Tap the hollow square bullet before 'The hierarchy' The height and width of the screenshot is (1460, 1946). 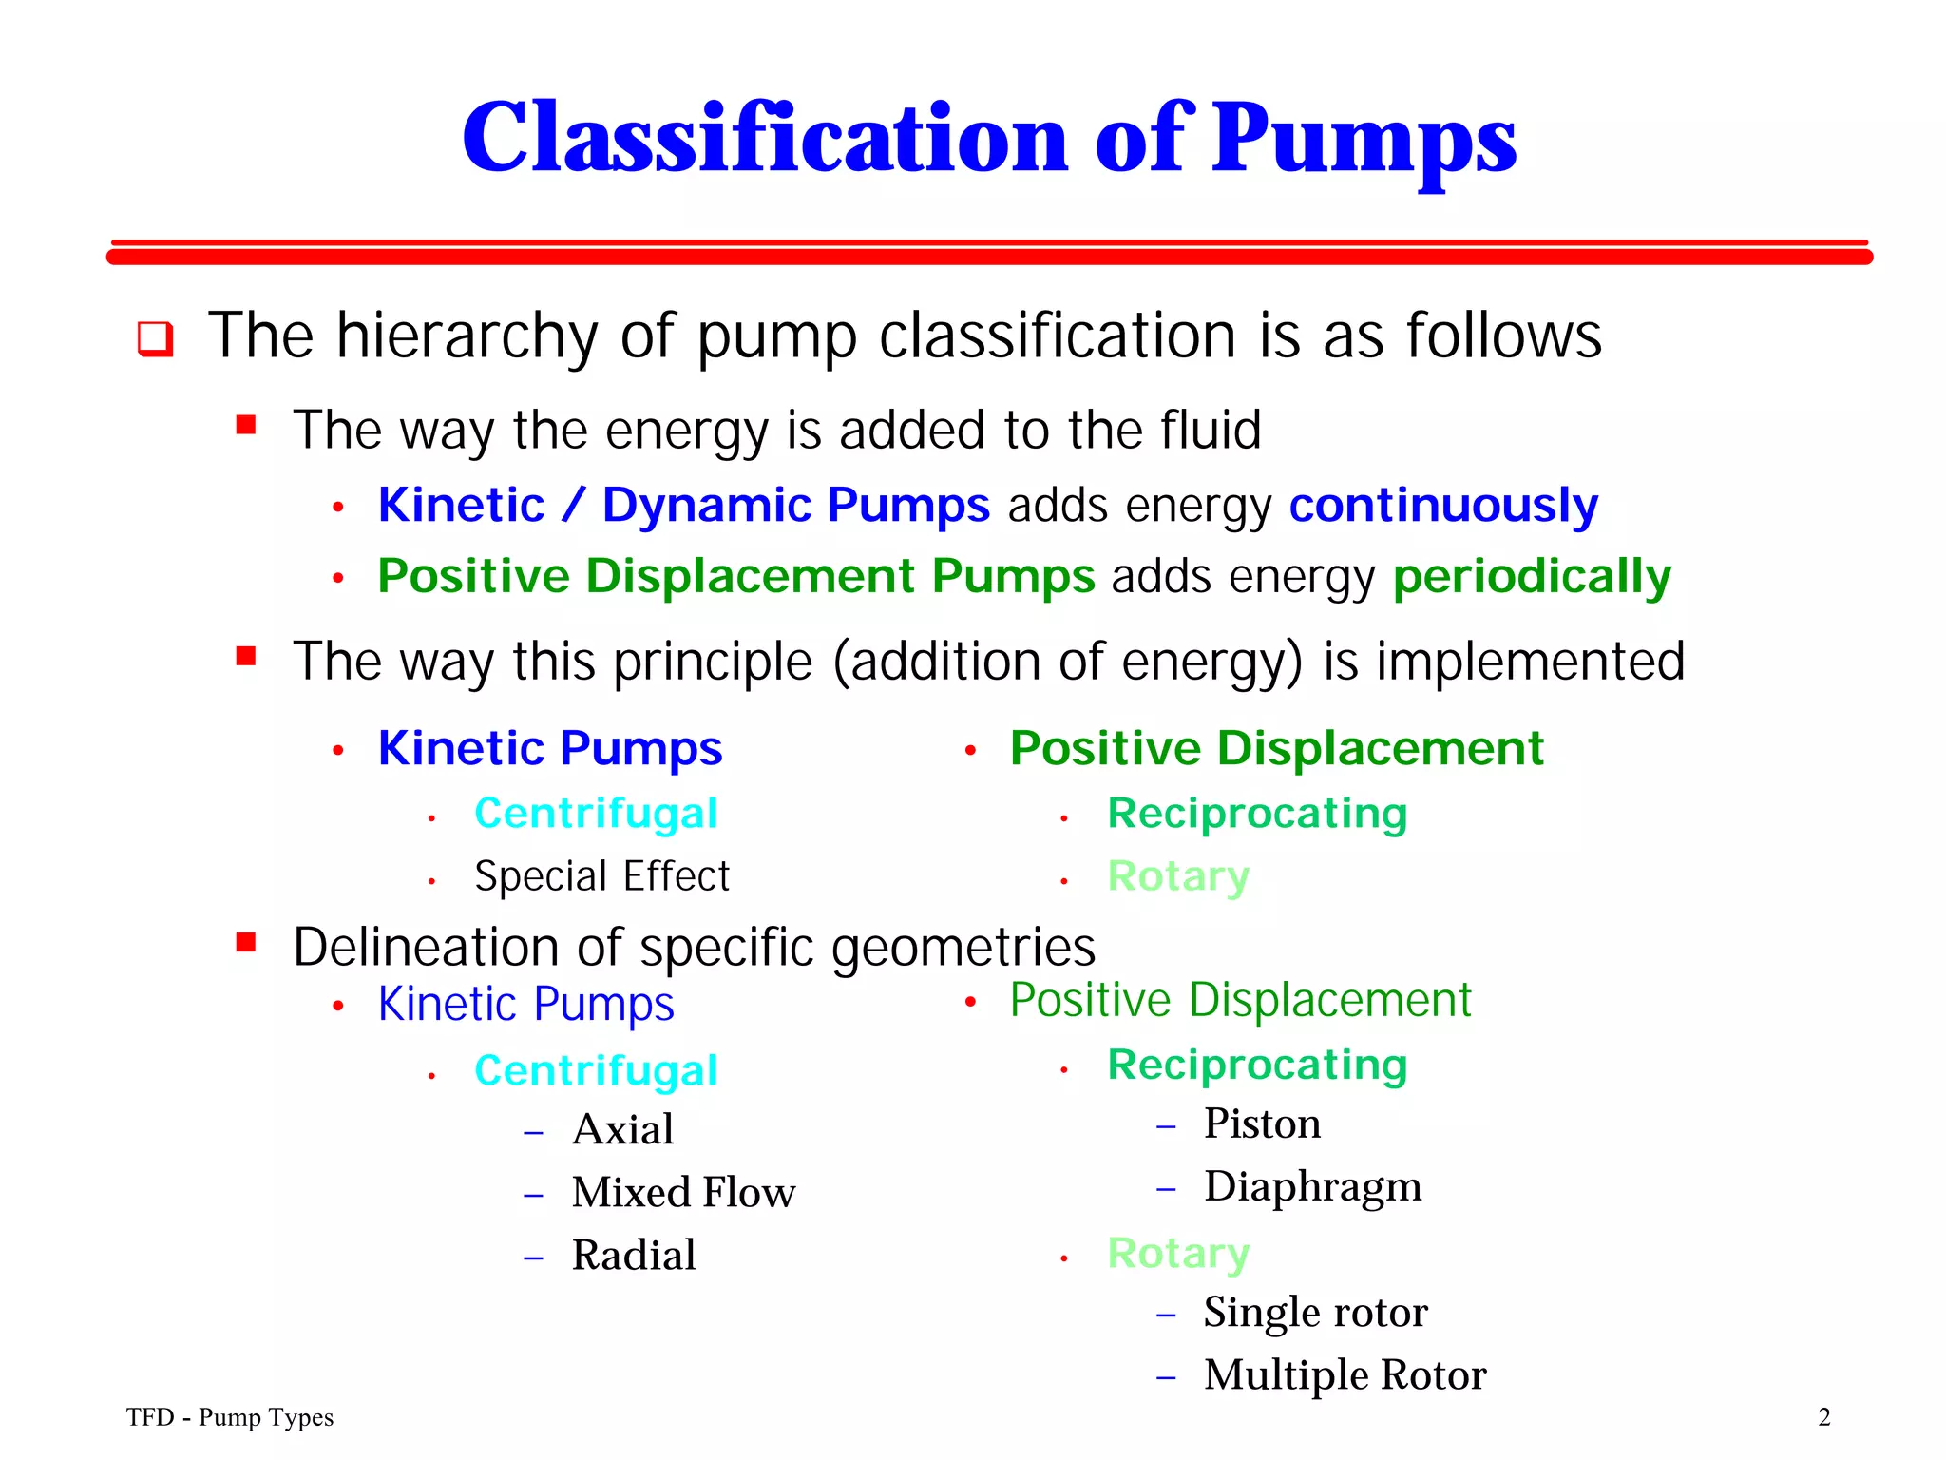pos(156,338)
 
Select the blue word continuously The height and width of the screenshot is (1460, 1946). pos(1442,506)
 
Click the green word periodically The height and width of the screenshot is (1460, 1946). pos(1531,577)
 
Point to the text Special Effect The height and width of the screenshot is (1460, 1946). pos(601,876)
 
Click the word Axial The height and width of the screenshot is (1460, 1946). pos(623,1130)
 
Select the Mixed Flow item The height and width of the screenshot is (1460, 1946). pos(683,1193)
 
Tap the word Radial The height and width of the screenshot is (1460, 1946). pos(634,1256)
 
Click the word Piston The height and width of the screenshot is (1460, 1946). pos(1262,1124)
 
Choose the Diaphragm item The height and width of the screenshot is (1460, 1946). pos(1312,1187)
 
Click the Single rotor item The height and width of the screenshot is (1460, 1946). pos(1315,1313)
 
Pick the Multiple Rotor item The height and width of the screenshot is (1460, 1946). pos(1345,1375)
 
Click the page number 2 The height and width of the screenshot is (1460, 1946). pos(1823,1417)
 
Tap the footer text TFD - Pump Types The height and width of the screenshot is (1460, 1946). pos(230,1417)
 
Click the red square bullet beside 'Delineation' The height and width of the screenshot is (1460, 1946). pos(246,942)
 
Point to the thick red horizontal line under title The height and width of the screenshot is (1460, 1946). pos(988,257)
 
